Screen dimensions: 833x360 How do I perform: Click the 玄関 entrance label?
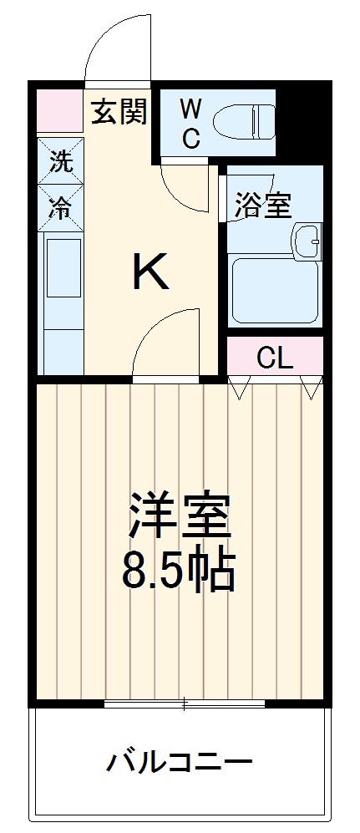[118, 111]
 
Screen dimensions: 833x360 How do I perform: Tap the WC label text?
[191, 124]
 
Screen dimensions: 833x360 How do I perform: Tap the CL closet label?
[274, 358]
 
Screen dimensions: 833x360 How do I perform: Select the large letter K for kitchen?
[150, 272]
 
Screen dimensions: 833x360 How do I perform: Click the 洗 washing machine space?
[60, 162]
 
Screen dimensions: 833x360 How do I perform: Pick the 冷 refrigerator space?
[60, 207]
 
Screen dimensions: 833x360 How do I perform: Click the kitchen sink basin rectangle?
[63, 267]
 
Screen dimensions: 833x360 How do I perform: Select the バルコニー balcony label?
[179, 761]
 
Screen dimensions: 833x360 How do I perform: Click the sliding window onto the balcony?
[185, 703]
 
